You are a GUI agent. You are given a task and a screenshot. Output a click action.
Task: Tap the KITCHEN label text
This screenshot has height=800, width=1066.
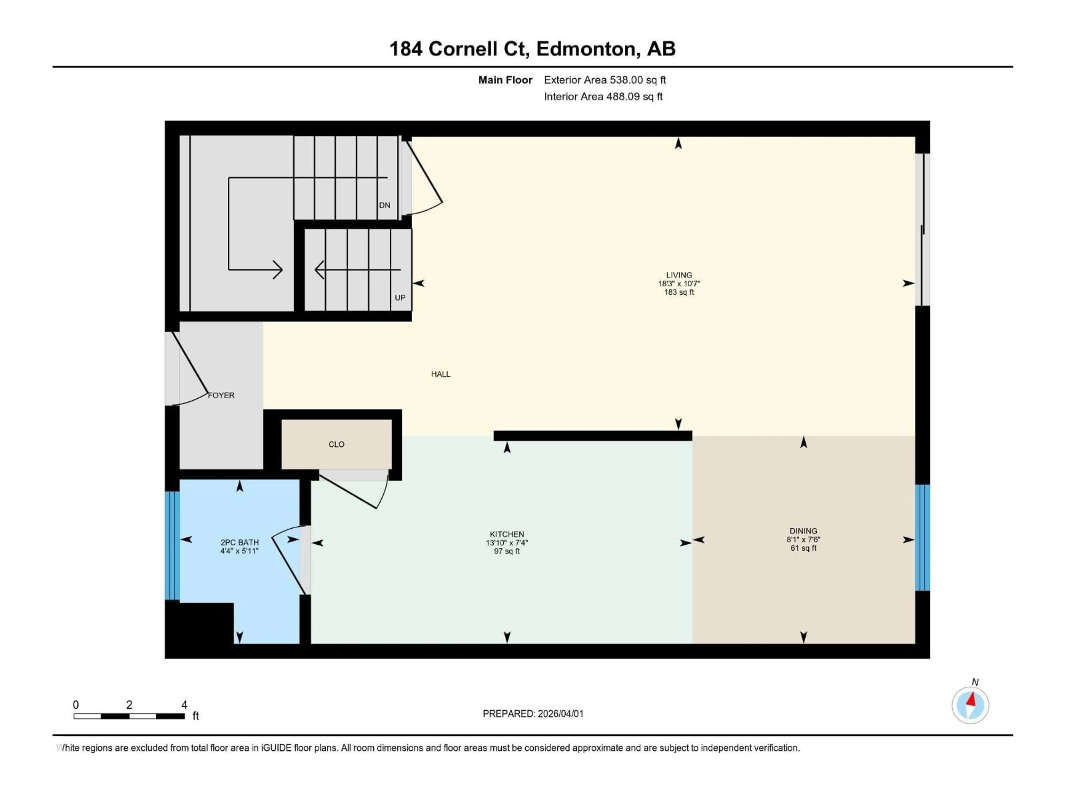click(507, 534)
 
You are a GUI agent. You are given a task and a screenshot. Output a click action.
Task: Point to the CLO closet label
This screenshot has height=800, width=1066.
click(336, 444)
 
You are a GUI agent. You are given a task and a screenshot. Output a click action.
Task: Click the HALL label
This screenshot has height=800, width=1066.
click(441, 374)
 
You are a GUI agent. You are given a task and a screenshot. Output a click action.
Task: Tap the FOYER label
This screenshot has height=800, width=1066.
click(221, 395)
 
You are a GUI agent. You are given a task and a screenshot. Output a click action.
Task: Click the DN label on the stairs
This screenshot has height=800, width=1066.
click(384, 205)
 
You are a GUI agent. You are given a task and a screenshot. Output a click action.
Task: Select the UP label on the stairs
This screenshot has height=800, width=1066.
click(400, 297)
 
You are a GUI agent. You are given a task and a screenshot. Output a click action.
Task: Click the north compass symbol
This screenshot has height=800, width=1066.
click(970, 705)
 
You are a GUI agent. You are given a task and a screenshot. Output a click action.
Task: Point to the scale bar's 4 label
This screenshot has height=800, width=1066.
click(184, 704)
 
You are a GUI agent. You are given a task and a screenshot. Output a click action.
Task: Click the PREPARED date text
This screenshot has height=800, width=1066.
click(533, 714)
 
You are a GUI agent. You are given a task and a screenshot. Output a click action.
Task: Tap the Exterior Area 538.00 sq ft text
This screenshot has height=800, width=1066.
click(605, 80)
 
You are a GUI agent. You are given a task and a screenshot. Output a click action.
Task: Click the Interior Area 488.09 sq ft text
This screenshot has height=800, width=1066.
click(603, 96)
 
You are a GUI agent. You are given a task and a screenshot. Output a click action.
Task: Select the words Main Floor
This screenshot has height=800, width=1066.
click(505, 80)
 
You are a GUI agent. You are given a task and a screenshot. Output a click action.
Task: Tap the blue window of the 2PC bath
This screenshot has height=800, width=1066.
click(172, 545)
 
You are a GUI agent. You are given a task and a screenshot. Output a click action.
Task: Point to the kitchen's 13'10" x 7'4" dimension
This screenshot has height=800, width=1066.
click(507, 542)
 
